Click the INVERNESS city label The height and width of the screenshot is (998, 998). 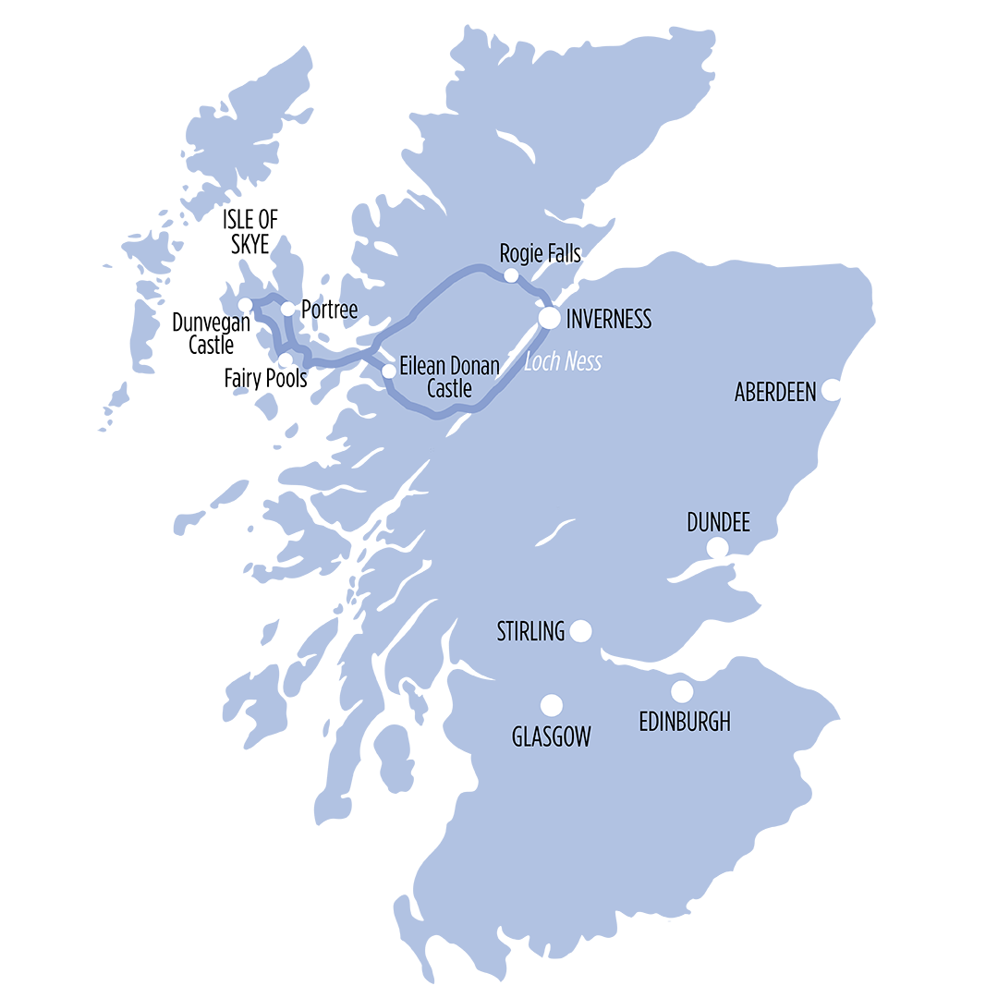pos(609,320)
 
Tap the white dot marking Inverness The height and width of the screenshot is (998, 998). pos(550,318)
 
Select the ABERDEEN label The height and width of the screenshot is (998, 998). pos(775,392)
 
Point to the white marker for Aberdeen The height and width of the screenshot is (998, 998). pos(832,389)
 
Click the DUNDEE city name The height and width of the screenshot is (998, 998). pos(718,523)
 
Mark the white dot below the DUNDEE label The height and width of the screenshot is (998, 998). pos(717,549)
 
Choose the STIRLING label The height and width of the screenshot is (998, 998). pos(530,632)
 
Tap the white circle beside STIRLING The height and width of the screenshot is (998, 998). pos(580,631)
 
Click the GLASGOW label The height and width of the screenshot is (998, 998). pos(551,736)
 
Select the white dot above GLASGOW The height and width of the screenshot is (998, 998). pos(551,706)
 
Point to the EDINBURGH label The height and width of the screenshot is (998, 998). pos(685,722)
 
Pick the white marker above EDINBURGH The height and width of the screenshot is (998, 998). pos(682,690)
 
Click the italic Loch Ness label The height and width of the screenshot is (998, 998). pos(563,361)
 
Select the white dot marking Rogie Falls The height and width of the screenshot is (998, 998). pos(511,274)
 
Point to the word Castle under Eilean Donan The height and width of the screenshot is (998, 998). pos(449,389)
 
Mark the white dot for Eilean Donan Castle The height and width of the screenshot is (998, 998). pos(389,371)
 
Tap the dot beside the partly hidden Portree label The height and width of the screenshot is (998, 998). pos(288,309)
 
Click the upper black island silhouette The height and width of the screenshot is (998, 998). pos(259,224)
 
